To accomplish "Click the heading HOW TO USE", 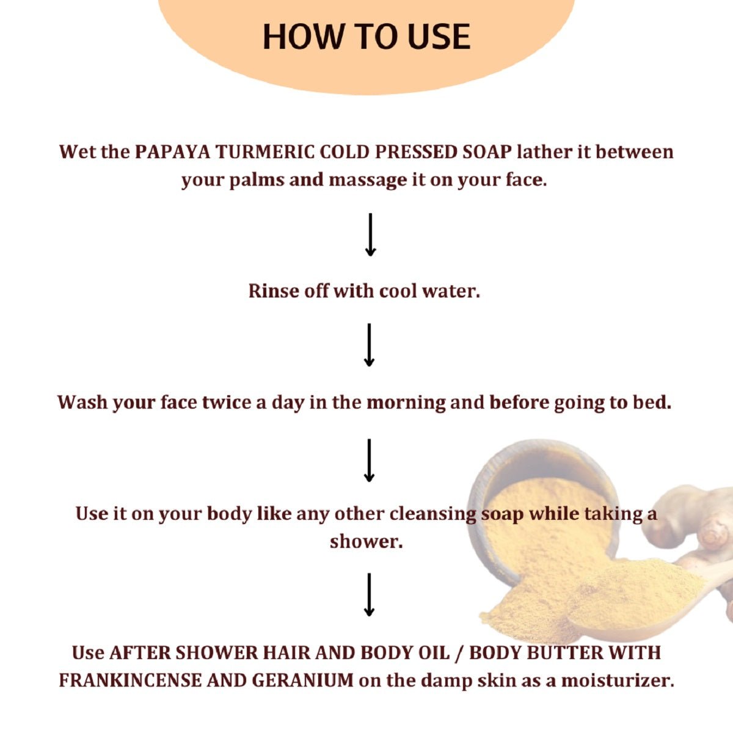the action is pos(366,37).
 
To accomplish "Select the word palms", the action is pos(257,181).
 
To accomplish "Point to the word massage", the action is pos(368,181).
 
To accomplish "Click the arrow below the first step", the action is pos(370,235).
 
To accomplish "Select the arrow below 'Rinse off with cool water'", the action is pos(369,345).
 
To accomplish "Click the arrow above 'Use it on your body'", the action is pos(369,461).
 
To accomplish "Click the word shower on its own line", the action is pos(366,542).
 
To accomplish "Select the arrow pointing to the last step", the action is pos(369,595).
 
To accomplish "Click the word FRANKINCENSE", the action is pos(130,680).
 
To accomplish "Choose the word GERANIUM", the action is pos(303,680).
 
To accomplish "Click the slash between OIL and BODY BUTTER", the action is pos(460,653).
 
